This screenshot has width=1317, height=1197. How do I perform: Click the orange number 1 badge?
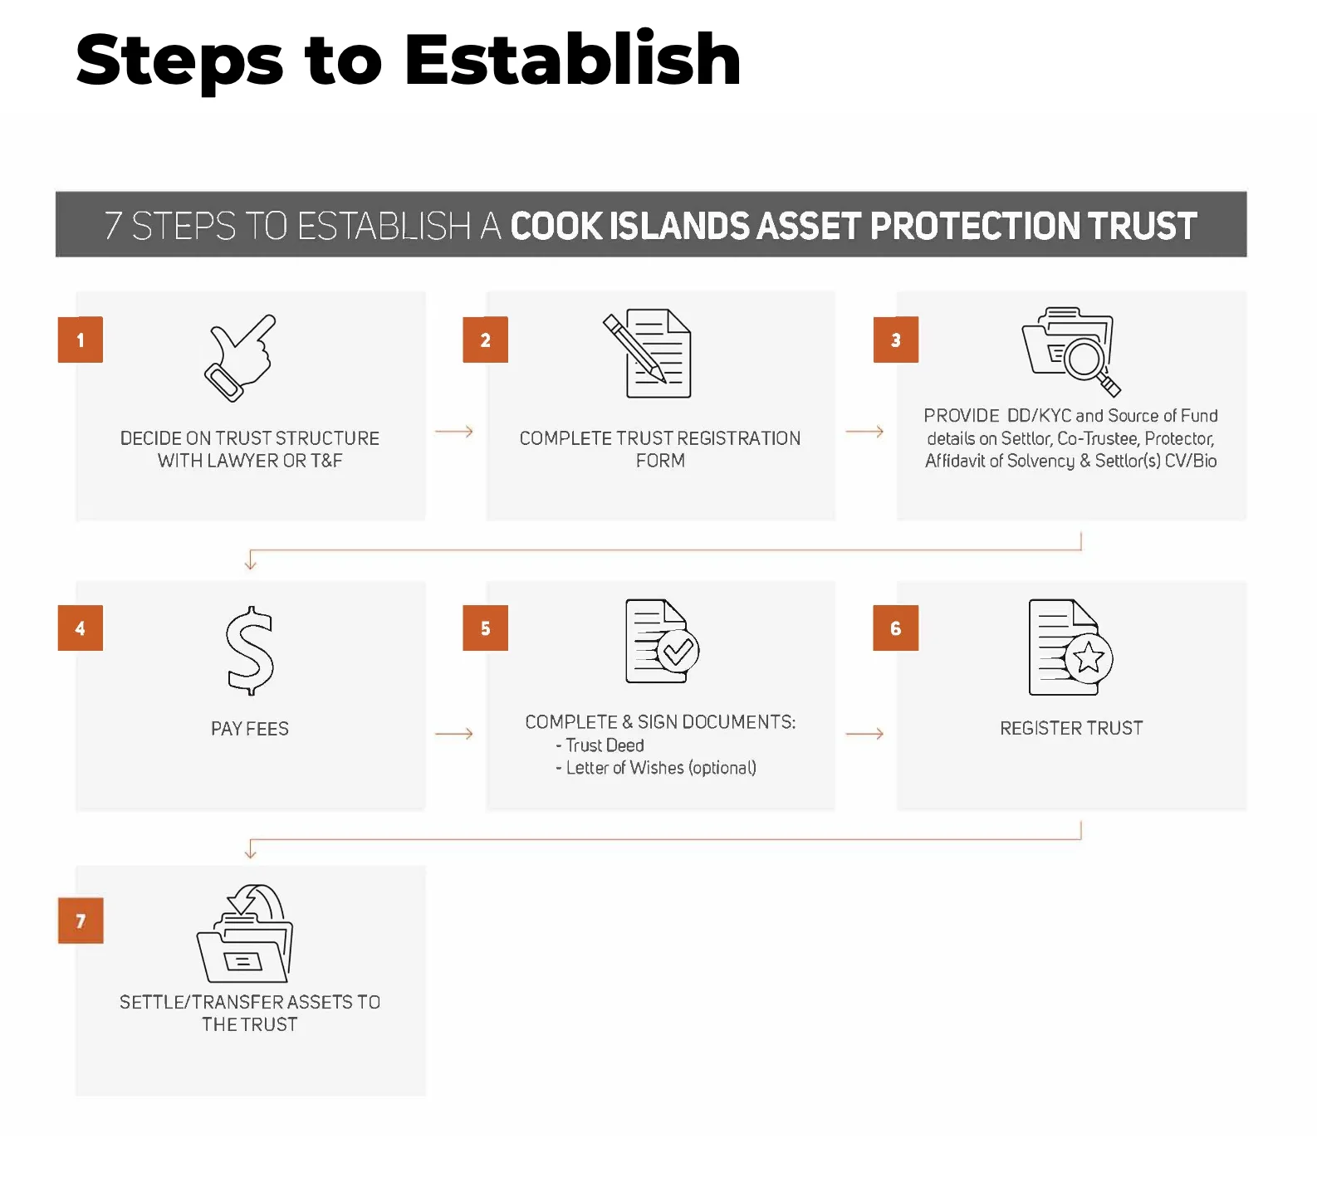coord(81,340)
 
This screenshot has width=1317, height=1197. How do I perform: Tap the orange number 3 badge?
coord(896,340)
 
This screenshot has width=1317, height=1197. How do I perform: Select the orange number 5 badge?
coord(486,628)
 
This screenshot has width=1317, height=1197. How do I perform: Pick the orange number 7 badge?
coord(81,921)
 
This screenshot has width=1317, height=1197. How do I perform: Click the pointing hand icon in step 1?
coord(240,359)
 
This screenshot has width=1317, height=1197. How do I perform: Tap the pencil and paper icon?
coord(647,354)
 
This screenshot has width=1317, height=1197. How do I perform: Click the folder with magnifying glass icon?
coord(1071,351)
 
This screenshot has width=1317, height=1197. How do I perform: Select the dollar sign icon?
coord(249,651)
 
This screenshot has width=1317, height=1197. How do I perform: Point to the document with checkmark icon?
coord(662,642)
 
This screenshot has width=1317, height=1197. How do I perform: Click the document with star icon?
coord(1070,647)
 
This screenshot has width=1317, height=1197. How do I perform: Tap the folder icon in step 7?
coord(245,934)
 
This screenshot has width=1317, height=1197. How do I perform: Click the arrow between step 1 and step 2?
coord(454,432)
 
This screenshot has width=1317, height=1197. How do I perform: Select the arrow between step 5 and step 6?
coord(864,734)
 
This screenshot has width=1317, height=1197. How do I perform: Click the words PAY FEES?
coord(250,729)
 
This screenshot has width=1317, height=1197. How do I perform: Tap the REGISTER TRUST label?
coord(1071,728)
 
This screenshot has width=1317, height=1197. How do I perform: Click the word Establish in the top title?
coord(573,60)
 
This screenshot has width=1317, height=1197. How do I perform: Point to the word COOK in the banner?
coord(556,226)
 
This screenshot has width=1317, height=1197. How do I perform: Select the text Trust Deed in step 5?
coord(605,745)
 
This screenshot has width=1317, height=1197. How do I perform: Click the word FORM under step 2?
coord(660,461)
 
